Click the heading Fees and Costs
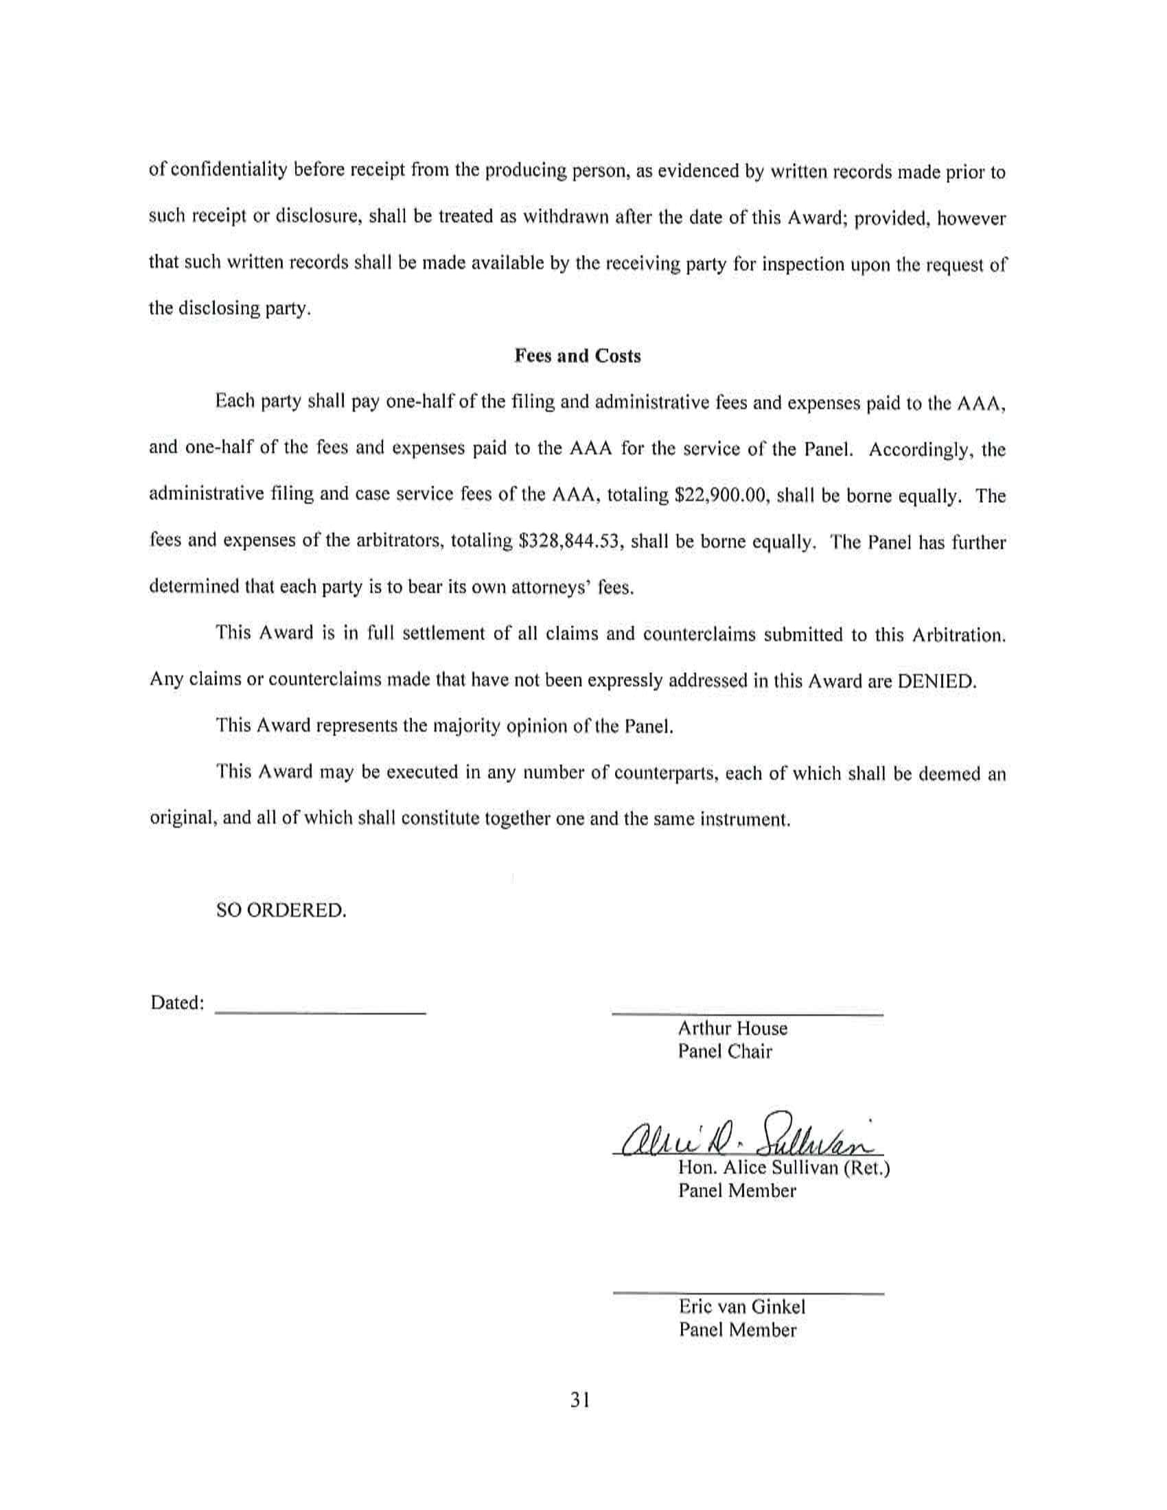577,356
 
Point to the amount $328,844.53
572,542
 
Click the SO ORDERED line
281,910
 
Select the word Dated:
177,1003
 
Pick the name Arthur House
732,1029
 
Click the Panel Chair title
724,1052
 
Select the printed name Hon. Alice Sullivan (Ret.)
783,1168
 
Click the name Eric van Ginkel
741,1307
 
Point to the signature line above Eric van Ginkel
748,1292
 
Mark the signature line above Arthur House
748,1014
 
